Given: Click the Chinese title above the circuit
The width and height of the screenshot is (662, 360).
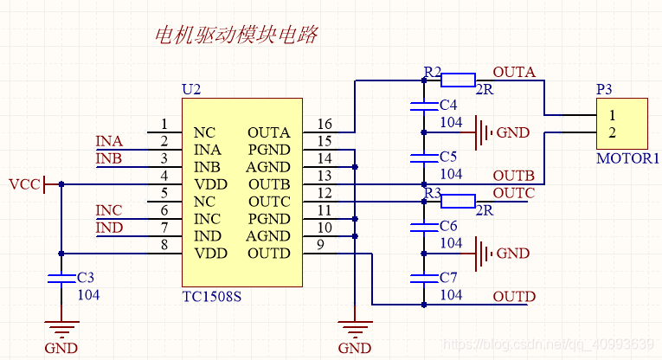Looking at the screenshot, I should (x=235, y=35).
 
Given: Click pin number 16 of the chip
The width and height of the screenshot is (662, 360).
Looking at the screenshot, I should (x=325, y=125).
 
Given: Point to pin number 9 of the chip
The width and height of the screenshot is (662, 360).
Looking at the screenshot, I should (x=321, y=246).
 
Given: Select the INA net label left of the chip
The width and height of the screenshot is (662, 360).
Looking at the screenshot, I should (x=109, y=141).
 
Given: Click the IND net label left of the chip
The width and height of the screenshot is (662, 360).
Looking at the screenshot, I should (x=109, y=228).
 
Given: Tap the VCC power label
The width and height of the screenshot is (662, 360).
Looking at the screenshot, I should (x=23, y=184).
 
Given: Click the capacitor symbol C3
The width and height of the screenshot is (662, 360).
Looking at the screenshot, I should (x=61, y=279).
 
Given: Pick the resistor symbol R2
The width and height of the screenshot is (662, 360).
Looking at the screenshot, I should (x=458, y=80).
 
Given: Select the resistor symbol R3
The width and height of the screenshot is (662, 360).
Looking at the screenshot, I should (x=458, y=202).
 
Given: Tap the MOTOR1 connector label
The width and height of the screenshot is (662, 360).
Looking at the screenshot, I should (x=627, y=158).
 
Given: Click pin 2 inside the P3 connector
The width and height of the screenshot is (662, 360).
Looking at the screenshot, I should (x=612, y=132).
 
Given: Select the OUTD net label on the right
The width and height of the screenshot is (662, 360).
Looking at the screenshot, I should (x=514, y=297).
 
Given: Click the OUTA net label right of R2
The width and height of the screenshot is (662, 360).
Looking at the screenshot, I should (x=514, y=72).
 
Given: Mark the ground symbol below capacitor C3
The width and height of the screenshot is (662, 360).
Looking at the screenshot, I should (x=61, y=330).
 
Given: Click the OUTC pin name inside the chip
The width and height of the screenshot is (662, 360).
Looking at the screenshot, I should (x=268, y=202).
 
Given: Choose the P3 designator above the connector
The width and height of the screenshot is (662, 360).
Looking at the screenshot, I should (x=604, y=89).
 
